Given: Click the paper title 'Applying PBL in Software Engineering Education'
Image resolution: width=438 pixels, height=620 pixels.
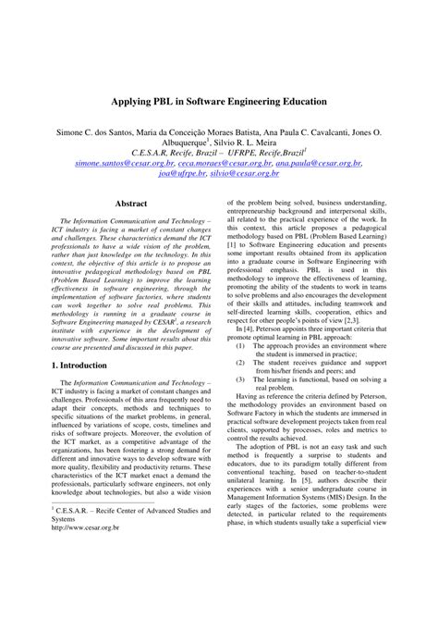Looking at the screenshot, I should point(219,99).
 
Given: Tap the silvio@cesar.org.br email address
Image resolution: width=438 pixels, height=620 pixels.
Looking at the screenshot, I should point(249,172).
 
